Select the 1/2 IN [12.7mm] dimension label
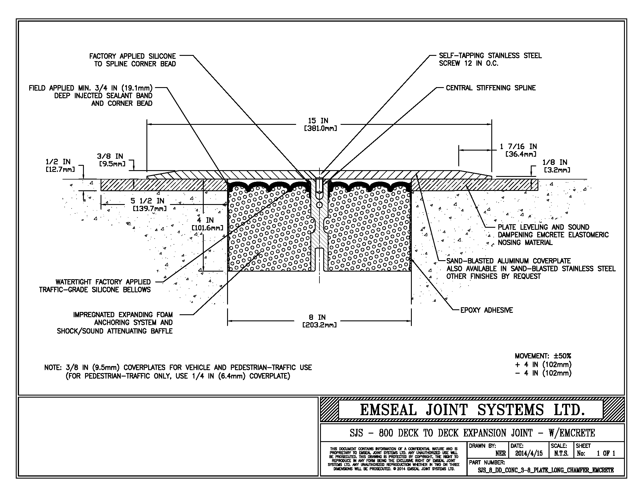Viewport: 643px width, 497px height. point(60,165)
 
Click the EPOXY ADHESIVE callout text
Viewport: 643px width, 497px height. point(486,310)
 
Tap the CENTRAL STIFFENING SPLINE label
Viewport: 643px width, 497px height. point(490,88)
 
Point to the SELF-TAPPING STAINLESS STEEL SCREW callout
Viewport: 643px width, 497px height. point(490,59)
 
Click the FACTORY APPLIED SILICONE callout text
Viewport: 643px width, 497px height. point(132,60)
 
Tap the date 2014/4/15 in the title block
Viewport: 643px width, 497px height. point(529,453)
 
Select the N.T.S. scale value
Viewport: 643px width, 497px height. point(561,453)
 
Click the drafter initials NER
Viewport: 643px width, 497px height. point(500,453)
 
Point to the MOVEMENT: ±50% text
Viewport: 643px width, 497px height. point(543,356)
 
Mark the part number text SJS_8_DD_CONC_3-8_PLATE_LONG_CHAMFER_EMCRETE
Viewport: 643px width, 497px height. point(546,470)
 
